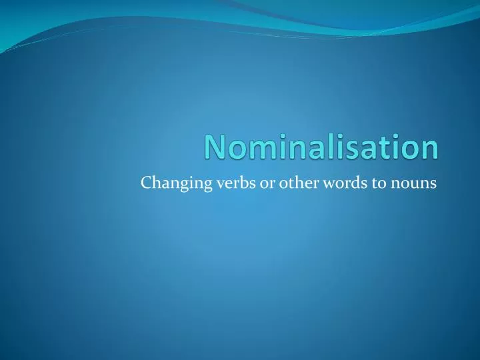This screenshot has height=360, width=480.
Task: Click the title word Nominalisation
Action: (321, 147)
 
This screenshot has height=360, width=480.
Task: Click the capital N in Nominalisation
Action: (215, 147)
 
